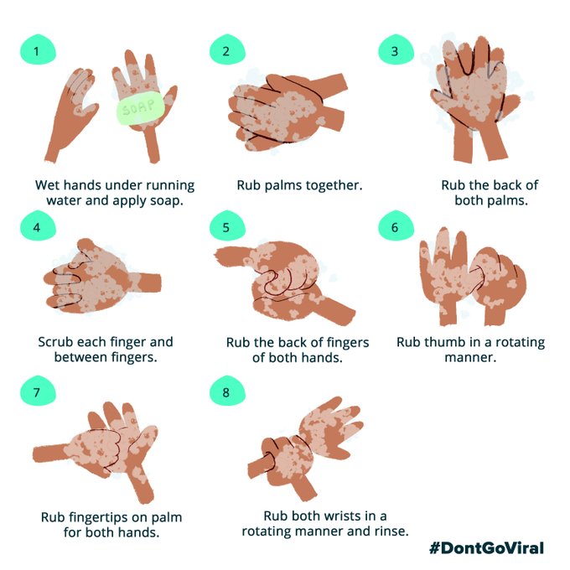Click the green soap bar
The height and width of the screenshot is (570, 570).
pyautogui.click(x=140, y=107)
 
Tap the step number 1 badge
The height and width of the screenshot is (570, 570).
pyautogui.click(x=38, y=49)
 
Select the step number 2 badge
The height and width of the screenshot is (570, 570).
pyautogui.click(x=227, y=49)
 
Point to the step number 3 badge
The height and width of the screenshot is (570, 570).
pyautogui.click(x=396, y=49)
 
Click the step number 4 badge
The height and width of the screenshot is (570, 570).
pyautogui.click(x=38, y=225)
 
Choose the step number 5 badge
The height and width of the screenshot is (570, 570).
pyautogui.click(x=227, y=225)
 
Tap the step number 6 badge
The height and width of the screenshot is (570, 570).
pyautogui.click(x=396, y=225)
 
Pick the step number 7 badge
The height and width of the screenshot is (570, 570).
pyautogui.click(x=38, y=391)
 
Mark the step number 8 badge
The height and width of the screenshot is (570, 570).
pyautogui.click(x=227, y=391)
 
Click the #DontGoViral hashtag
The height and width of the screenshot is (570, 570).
pyautogui.click(x=486, y=548)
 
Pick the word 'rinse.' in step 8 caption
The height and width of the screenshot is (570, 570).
pyautogui.click(x=392, y=531)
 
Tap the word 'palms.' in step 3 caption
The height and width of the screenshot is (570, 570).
pyautogui.click(x=510, y=201)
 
